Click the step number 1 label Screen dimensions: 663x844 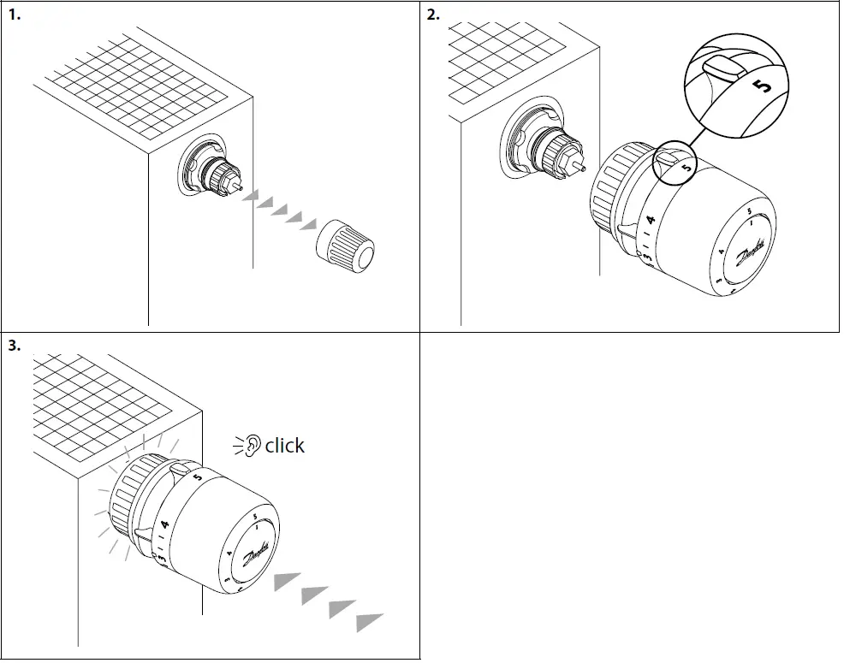(x=14, y=15)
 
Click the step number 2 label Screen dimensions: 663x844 (x=434, y=15)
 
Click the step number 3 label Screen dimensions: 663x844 (x=14, y=346)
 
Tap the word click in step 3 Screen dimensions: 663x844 (x=284, y=446)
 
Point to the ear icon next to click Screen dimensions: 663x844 (x=251, y=446)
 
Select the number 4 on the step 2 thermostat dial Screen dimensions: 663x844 (x=651, y=221)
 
